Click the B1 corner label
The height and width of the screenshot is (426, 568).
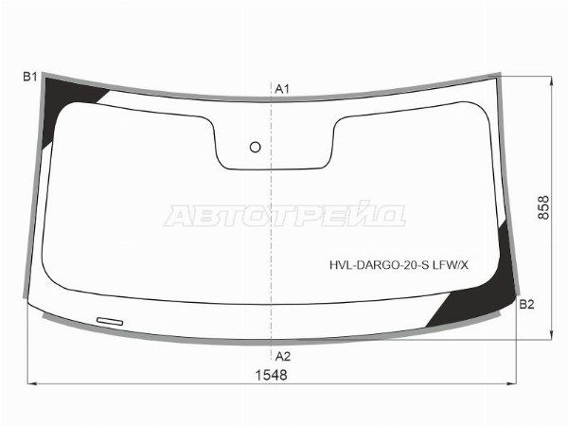pos(29,77)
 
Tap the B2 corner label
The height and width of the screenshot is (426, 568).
pos(526,305)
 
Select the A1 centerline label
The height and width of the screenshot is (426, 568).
pos(282,89)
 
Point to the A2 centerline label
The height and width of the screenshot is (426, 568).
pos(283,357)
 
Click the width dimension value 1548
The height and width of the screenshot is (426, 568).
pos(272,375)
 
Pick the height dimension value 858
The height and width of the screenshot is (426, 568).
pos(543,208)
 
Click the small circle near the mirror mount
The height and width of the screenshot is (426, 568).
pos(256,147)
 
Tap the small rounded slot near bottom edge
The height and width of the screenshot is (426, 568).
pos(110,321)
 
